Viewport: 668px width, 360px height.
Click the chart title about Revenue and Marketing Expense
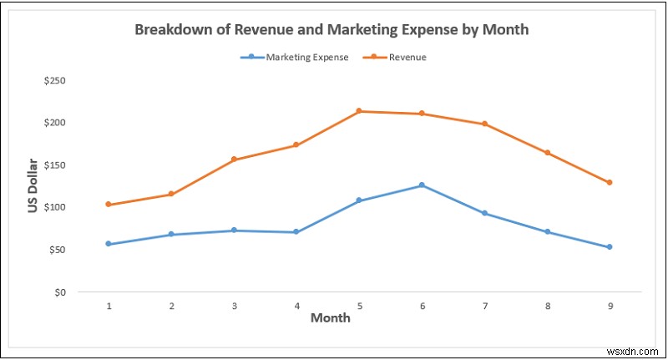[331, 29]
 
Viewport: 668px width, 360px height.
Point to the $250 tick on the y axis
[57, 81]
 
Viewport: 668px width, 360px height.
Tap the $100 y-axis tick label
[57, 207]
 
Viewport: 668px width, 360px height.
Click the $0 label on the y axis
[61, 292]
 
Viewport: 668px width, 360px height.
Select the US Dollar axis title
[33, 185]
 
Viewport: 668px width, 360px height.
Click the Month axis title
[330, 318]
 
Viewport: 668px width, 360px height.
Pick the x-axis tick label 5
[359, 306]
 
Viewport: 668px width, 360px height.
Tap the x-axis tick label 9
[610, 306]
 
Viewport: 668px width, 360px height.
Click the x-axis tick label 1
[109, 306]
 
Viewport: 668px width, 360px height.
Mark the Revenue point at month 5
[359, 111]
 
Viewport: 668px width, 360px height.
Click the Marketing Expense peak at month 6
[422, 185]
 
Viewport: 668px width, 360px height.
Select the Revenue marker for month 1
[109, 205]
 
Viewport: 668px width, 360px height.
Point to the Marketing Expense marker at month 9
[610, 247]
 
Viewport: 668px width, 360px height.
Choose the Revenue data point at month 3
[234, 160]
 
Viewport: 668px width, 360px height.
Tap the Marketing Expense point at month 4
[296, 232]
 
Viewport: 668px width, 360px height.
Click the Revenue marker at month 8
[547, 153]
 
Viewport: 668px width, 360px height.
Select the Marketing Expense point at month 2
[171, 235]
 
